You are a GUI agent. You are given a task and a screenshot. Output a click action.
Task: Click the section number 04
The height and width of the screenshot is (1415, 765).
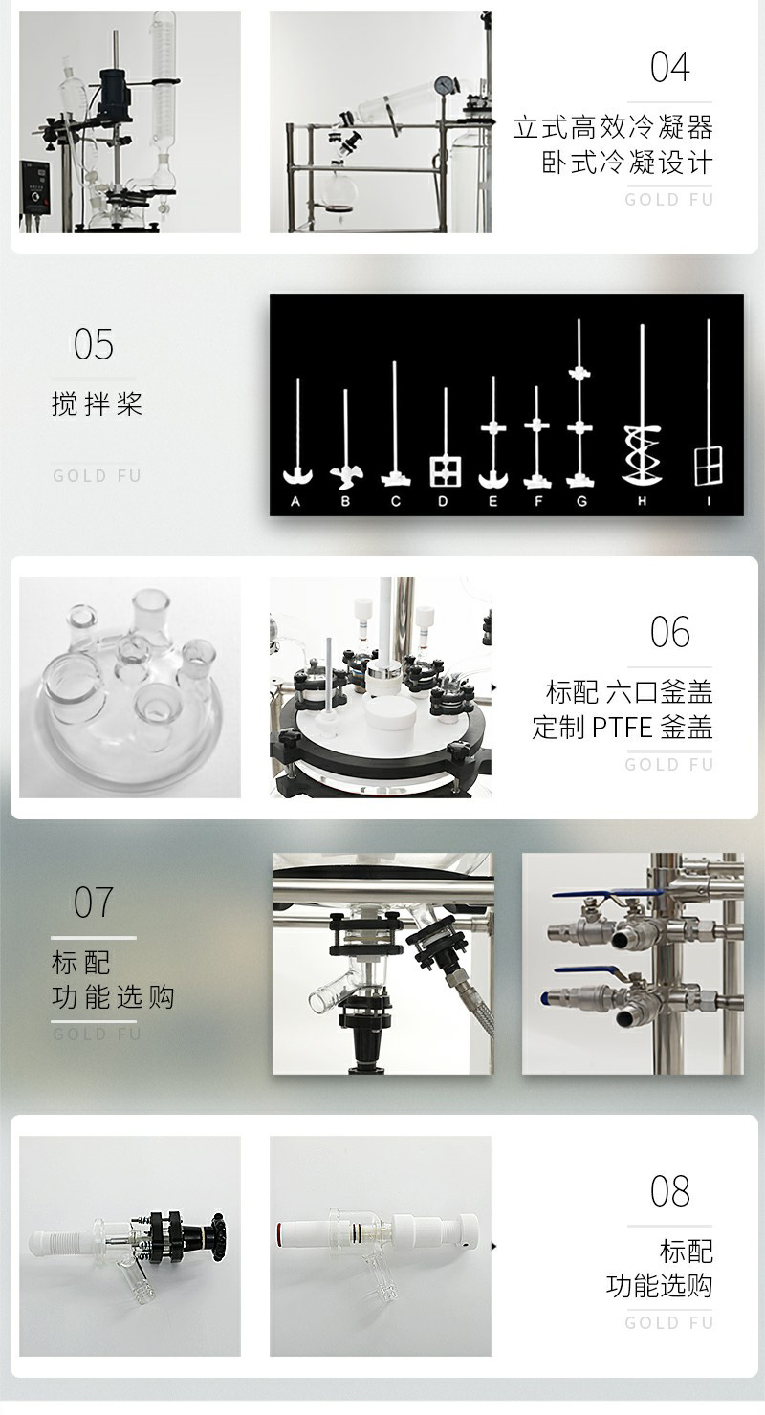tap(669, 68)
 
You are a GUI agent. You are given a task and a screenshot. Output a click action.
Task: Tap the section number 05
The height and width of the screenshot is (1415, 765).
tap(94, 344)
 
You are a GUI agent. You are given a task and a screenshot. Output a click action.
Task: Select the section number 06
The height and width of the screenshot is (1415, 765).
tap(669, 632)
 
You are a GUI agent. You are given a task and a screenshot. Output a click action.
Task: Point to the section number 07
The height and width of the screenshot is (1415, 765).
tap(94, 903)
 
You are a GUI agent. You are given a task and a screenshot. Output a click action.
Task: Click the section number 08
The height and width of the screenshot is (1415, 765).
tap(669, 1191)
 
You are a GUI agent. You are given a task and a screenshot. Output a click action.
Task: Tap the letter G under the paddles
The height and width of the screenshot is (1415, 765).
tap(581, 502)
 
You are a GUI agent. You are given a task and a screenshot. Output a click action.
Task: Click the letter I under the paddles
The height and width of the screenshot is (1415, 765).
tap(709, 502)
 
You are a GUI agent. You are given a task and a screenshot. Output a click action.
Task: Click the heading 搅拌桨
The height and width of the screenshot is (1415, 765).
tap(97, 403)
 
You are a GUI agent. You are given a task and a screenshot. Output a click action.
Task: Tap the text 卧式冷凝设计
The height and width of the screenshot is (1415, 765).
tap(627, 163)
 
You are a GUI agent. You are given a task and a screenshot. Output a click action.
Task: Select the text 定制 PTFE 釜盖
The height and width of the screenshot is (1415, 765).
tap(623, 727)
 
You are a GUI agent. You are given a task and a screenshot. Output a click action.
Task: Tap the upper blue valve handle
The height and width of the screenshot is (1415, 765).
tap(606, 895)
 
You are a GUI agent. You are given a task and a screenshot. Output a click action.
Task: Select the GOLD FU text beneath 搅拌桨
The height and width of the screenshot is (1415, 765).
tap(97, 476)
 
